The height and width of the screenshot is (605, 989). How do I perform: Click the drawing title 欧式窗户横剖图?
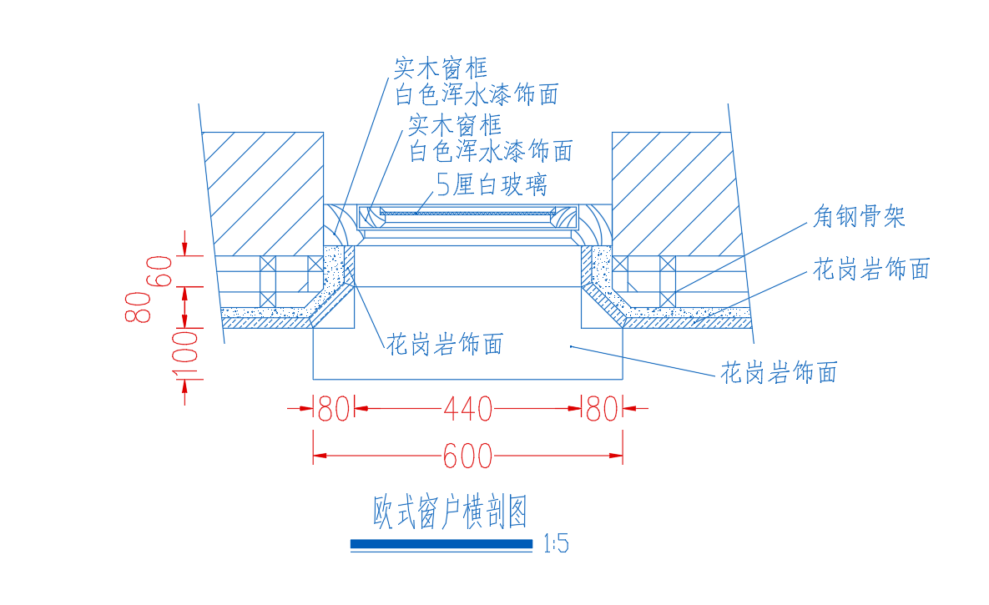(x=451, y=512)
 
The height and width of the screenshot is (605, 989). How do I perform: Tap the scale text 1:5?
(x=556, y=543)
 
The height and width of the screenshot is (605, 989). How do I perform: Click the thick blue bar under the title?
(x=442, y=544)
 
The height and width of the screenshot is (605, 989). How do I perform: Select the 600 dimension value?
(x=467, y=456)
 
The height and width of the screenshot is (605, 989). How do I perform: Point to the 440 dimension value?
(x=468, y=409)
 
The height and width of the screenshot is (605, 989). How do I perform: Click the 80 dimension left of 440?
(x=334, y=409)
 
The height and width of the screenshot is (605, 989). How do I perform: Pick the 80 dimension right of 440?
(x=602, y=409)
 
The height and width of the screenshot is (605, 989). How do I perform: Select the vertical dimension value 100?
(x=184, y=355)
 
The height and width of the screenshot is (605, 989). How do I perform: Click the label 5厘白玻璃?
(x=492, y=185)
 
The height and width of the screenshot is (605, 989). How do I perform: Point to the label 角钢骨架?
(x=859, y=216)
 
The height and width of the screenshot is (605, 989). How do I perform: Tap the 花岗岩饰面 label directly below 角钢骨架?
(x=871, y=269)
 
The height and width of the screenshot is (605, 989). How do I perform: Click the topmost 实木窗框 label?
(x=441, y=68)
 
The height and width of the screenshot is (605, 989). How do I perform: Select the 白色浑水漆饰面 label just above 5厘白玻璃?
(x=491, y=151)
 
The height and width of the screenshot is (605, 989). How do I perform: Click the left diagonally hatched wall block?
(x=265, y=194)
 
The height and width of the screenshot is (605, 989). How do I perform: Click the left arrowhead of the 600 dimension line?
(x=320, y=456)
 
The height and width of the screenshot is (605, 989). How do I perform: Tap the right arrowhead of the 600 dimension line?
(x=616, y=456)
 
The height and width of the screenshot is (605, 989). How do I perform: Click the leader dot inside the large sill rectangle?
(x=571, y=346)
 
